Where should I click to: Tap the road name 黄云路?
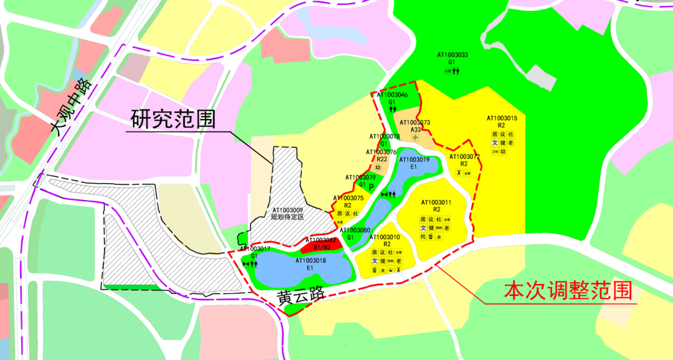pyautogui.click(x=302, y=296)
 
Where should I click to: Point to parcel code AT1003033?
pyautogui.click(x=453, y=55)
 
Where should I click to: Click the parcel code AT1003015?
pyautogui.click(x=502, y=118)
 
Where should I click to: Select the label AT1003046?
pyautogui.click(x=392, y=95)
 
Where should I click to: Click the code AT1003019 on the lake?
pyautogui.click(x=414, y=159)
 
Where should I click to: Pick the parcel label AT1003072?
pyautogui.click(x=464, y=156)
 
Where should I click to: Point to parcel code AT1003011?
pyautogui.click(x=436, y=202)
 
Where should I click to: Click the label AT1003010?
pyautogui.click(x=384, y=237)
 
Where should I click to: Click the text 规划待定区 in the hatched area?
pyautogui.click(x=287, y=217)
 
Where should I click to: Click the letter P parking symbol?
pyautogui.click(x=371, y=187)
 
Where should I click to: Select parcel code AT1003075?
pyautogui.click(x=348, y=197)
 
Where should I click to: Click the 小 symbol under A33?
pyautogui.click(x=415, y=137)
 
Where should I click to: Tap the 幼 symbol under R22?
pyautogui.click(x=378, y=167)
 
